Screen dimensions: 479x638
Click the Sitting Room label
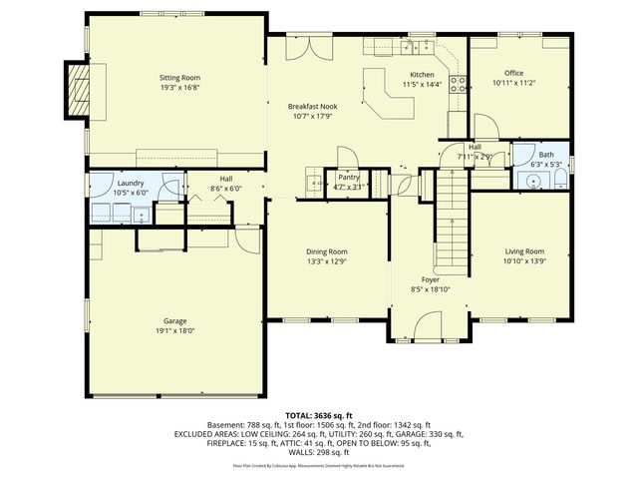pyautogui.click(x=180, y=77)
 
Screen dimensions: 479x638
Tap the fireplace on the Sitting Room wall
pyautogui.click(x=78, y=89)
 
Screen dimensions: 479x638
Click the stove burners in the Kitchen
pyautogui.click(x=461, y=84)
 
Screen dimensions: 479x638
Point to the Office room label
pyautogui.click(x=514, y=73)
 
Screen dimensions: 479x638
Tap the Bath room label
pyautogui.click(x=546, y=155)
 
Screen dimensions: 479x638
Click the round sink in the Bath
pyautogui.click(x=534, y=182)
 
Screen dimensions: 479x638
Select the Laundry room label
pyautogui.click(x=131, y=183)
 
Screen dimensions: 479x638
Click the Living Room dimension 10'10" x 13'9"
pyautogui.click(x=524, y=261)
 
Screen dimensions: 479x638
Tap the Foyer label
pyautogui.click(x=431, y=279)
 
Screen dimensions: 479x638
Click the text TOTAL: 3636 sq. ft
pyautogui.click(x=319, y=413)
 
